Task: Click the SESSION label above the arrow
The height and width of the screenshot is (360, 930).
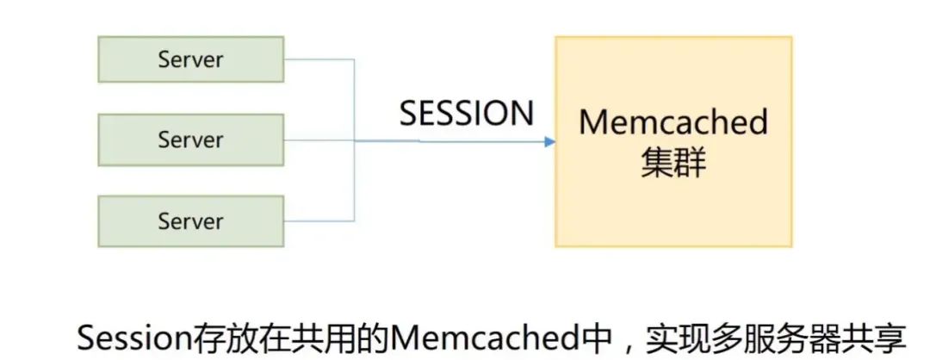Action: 467,114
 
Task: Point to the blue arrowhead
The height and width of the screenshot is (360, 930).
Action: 549,141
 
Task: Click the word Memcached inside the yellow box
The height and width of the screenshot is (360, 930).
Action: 673,121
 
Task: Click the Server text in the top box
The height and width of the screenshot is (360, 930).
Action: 190,59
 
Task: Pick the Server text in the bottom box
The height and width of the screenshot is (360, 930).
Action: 190,220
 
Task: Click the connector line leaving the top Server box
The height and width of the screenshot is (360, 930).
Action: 319,59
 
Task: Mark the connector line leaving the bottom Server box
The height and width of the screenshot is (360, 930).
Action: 319,220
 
